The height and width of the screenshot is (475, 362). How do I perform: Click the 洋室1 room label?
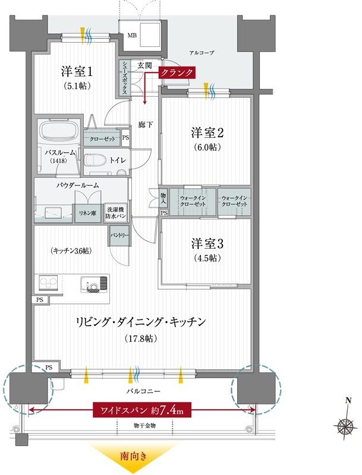click(x=77, y=72)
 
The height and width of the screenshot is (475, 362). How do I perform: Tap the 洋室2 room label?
click(x=207, y=132)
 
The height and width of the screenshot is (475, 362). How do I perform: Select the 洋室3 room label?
click(x=207, y=244)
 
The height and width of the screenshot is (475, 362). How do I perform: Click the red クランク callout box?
click(x=176, y=73)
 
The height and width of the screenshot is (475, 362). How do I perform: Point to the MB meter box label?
click(x=132, y=36)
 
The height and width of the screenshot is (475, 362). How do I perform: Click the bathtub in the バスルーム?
click(x=59, y=132)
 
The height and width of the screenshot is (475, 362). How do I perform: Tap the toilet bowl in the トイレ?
click(x=95, y=160)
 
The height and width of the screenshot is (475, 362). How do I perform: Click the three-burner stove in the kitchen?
click(x=49, y=283)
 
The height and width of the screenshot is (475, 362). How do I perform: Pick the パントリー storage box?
click(x=119, y=235)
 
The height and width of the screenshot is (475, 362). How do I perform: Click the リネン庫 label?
click(x=88, y=213)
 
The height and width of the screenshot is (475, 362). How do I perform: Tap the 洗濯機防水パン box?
click(x=115, y=213)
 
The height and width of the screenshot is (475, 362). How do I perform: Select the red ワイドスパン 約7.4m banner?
click(x=142, y=411)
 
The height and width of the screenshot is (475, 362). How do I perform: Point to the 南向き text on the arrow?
click(x=134, y=456)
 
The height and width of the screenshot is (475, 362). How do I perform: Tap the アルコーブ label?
click(x=202, y=53)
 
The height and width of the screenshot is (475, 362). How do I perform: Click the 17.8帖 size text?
click(x=141, y=338)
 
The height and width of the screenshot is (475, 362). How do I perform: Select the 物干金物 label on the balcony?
click(x=144, y=426)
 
